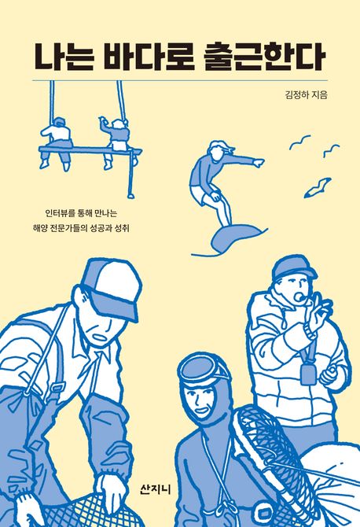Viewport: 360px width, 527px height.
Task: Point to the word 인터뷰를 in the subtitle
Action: pos(60,212)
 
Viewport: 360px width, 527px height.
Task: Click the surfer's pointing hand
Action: pos(259,163)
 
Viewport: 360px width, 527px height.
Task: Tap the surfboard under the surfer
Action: pos(236,236)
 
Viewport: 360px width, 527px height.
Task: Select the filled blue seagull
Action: pos(318,187)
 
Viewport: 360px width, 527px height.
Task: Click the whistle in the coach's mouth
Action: pos(298,296)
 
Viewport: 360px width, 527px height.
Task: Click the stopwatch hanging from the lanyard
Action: pos(308,374)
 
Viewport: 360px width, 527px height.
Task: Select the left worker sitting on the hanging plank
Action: pos(57,143)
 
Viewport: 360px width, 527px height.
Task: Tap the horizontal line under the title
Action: pos(180,81)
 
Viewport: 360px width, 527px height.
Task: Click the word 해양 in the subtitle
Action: pos(39,228)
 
